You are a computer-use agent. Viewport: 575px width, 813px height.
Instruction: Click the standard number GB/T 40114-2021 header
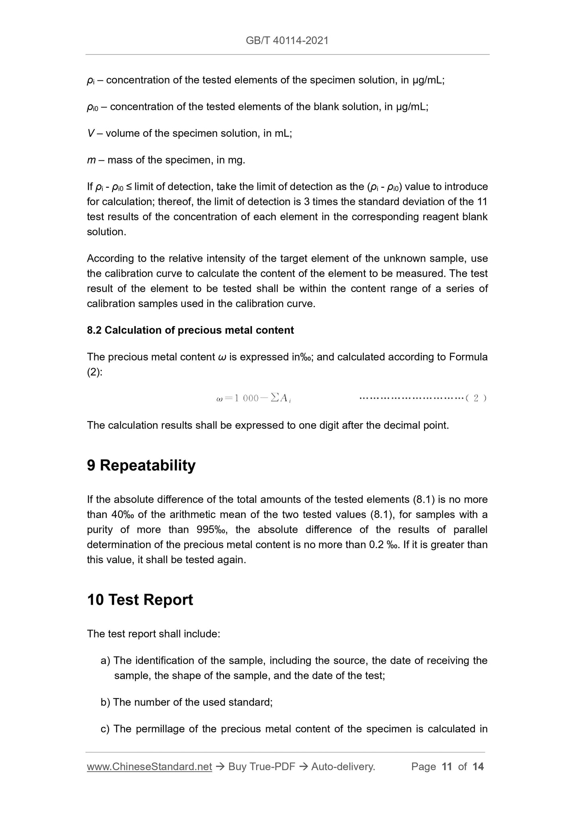coord(287,41)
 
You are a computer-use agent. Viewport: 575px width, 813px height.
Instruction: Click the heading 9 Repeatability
coord(141,465)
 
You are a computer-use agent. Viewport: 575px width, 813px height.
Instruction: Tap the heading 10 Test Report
coord(140,600)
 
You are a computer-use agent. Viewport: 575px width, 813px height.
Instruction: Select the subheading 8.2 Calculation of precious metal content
coord(190,330)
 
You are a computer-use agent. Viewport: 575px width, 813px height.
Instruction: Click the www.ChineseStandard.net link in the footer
coord(149,766)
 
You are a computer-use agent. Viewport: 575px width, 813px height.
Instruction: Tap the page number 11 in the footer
coord(447,766)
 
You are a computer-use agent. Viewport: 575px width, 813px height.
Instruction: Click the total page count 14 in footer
coord(478,766)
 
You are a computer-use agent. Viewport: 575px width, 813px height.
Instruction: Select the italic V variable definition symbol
coord(90,133)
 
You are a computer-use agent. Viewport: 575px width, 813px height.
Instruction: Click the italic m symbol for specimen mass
coord(91,160)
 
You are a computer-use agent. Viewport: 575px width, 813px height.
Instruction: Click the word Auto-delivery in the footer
coord(343,766)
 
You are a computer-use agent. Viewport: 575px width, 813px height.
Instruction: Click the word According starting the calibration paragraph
coord(109,259)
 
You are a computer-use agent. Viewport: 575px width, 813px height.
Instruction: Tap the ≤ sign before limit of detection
coord(129,187)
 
